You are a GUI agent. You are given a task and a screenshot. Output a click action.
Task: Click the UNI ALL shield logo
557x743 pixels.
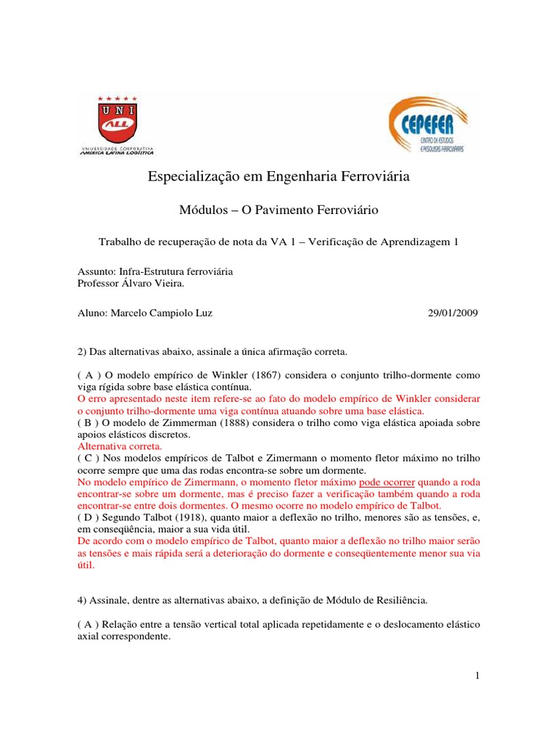[117, 124]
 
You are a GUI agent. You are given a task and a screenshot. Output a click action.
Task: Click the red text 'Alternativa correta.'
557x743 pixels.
[120, 447]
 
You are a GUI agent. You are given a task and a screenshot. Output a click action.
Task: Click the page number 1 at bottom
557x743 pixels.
[478, 676]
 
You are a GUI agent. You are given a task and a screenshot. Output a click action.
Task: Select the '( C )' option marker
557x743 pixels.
[89, 459]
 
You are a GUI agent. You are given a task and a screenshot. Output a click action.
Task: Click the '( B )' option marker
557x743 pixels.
[89, 423]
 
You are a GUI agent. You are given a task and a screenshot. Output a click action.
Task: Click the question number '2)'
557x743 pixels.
[82, 352]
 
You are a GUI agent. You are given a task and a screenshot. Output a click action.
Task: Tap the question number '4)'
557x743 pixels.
[82, 601]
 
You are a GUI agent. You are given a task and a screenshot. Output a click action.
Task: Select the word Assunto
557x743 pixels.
[95, 271]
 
